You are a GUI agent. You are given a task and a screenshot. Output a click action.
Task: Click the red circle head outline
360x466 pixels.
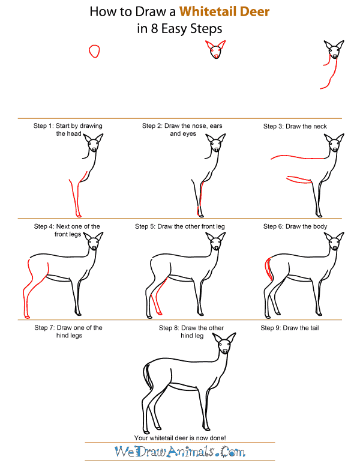pyautogui.click(x=94, y=51)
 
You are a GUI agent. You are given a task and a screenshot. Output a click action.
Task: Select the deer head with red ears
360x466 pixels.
pyautogui.click(x=216, y=50)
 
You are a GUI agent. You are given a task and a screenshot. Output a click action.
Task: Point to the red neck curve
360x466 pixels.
pyautogui.click(x=329, y=75)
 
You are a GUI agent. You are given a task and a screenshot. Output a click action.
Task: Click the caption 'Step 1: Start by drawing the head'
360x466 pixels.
pyautogui.click(x=68, y=130)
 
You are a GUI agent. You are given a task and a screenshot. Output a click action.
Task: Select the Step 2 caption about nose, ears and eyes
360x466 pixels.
pyautogui.click(x=182, y=130)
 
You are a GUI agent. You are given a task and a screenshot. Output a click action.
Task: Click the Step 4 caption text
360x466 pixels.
pyautogui.click(x=68, y=231)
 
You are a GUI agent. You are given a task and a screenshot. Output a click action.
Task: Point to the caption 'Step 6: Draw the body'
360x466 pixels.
pyautogui.click(x=295, y=226)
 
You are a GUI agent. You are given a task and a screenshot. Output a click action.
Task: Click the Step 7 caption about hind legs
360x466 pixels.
pyautogui.click(x=68, y=331)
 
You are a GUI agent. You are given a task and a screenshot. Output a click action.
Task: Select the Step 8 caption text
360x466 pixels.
pyautogui.click(x=191, y=331)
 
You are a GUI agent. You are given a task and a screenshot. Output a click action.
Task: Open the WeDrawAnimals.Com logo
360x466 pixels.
pyautogui.click(x=181, y=452)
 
